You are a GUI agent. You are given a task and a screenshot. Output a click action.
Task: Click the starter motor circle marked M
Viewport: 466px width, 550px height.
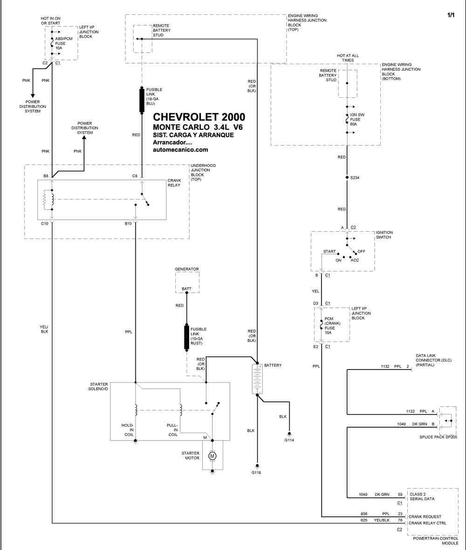click(x=212, y=456)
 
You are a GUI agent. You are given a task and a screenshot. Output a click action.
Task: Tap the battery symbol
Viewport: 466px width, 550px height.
click(x=257, y=379)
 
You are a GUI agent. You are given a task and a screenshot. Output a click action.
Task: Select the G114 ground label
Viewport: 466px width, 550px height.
click(x=289, y=440)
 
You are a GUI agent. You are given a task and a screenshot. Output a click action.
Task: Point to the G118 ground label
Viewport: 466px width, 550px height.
click(x=256, y=472)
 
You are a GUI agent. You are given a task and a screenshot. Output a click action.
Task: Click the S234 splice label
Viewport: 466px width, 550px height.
click(x=355, y=178)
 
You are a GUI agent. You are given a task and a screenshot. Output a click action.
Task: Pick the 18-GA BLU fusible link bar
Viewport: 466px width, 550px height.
click(x=142, y=101)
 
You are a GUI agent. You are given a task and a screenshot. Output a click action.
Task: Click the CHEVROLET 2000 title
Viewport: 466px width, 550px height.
click(x=199, y=117)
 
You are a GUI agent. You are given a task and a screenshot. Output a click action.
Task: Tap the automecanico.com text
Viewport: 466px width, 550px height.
click(x=180, y=150)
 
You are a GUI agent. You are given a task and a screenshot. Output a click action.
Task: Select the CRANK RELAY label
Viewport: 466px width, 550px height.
click(x=174, y=183)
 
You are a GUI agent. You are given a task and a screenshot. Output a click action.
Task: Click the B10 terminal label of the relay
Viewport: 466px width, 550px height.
click(x=128, y=223)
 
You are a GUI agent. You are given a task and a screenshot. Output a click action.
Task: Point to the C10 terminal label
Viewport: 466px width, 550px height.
click(x=45, y=223)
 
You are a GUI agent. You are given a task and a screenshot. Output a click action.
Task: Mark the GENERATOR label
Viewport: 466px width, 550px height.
click(x=187, y=269)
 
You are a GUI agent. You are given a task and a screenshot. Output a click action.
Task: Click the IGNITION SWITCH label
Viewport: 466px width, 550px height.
click(x=384, y=235)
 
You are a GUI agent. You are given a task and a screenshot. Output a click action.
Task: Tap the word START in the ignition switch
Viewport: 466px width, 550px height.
click(x=329, y=251)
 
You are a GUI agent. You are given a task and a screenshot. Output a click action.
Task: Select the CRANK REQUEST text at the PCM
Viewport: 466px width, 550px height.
click(x=425, y=516)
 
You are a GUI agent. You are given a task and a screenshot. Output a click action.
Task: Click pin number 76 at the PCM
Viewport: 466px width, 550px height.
click(x=400, y=520)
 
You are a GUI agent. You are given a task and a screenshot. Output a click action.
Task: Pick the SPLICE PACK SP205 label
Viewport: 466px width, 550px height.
click(x=438, y=437)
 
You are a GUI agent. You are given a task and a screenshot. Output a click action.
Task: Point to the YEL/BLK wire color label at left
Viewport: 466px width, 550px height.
click(x=44, y=329)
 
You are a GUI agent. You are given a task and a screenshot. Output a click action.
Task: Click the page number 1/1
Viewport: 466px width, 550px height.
click(x=451, y=15)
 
